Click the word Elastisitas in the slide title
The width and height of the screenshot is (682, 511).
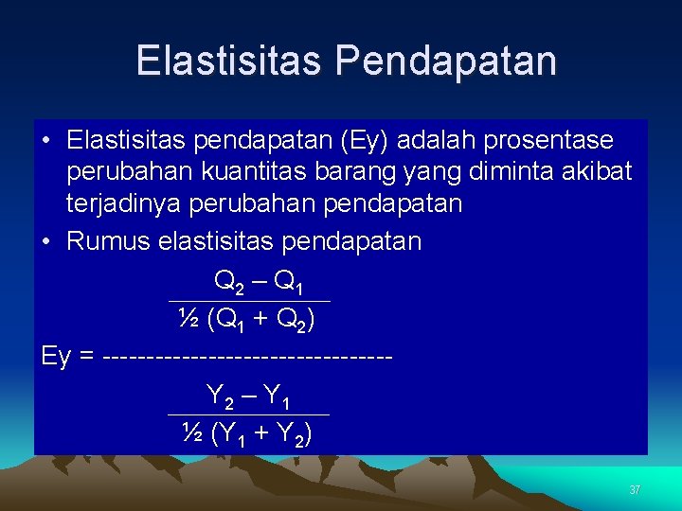point(230,61)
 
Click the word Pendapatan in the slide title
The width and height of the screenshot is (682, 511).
point(445,61)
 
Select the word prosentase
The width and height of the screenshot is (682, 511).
point(548,141)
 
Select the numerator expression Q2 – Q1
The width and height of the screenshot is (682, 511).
point(258,282)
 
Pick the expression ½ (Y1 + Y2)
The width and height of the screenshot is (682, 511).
point(248,433)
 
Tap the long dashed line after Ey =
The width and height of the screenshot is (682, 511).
point(247,357)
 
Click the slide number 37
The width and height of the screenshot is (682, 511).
point(635,490)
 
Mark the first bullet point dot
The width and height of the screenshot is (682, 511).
point(46,142)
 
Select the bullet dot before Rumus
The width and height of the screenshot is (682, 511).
point(46,242)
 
